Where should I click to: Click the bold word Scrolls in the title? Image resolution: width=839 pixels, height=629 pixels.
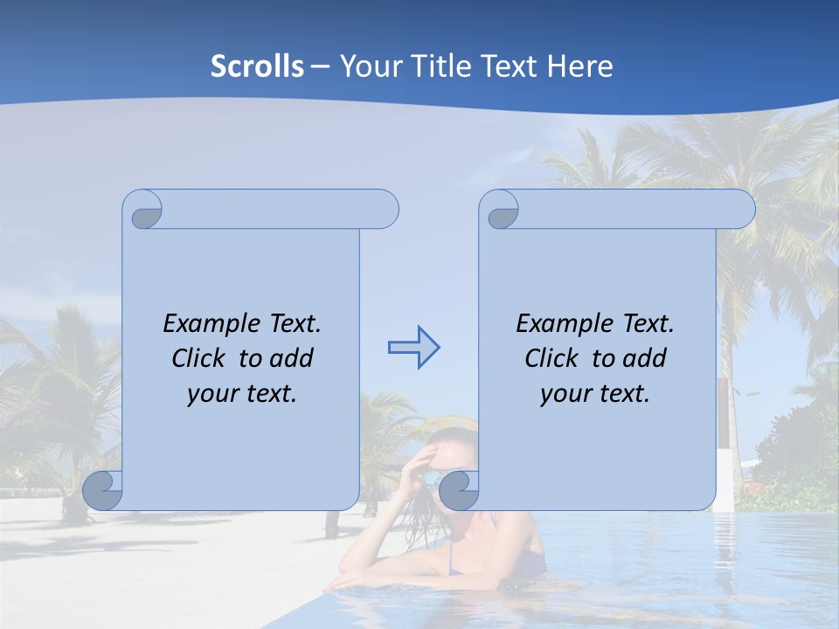[x=257, y=66]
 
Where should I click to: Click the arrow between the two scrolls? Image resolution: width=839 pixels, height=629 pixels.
[x=413, y=348]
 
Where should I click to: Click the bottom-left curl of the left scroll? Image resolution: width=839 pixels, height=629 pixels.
[x=102, y=491]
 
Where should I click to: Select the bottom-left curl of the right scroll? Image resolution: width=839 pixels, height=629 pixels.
[x=458, y=491]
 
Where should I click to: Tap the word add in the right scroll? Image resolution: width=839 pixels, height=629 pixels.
[x=644, y=358]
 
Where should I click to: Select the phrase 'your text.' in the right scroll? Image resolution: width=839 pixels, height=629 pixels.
[x=594, y=394]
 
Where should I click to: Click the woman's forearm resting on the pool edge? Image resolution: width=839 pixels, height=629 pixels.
[x=393, y=577]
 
